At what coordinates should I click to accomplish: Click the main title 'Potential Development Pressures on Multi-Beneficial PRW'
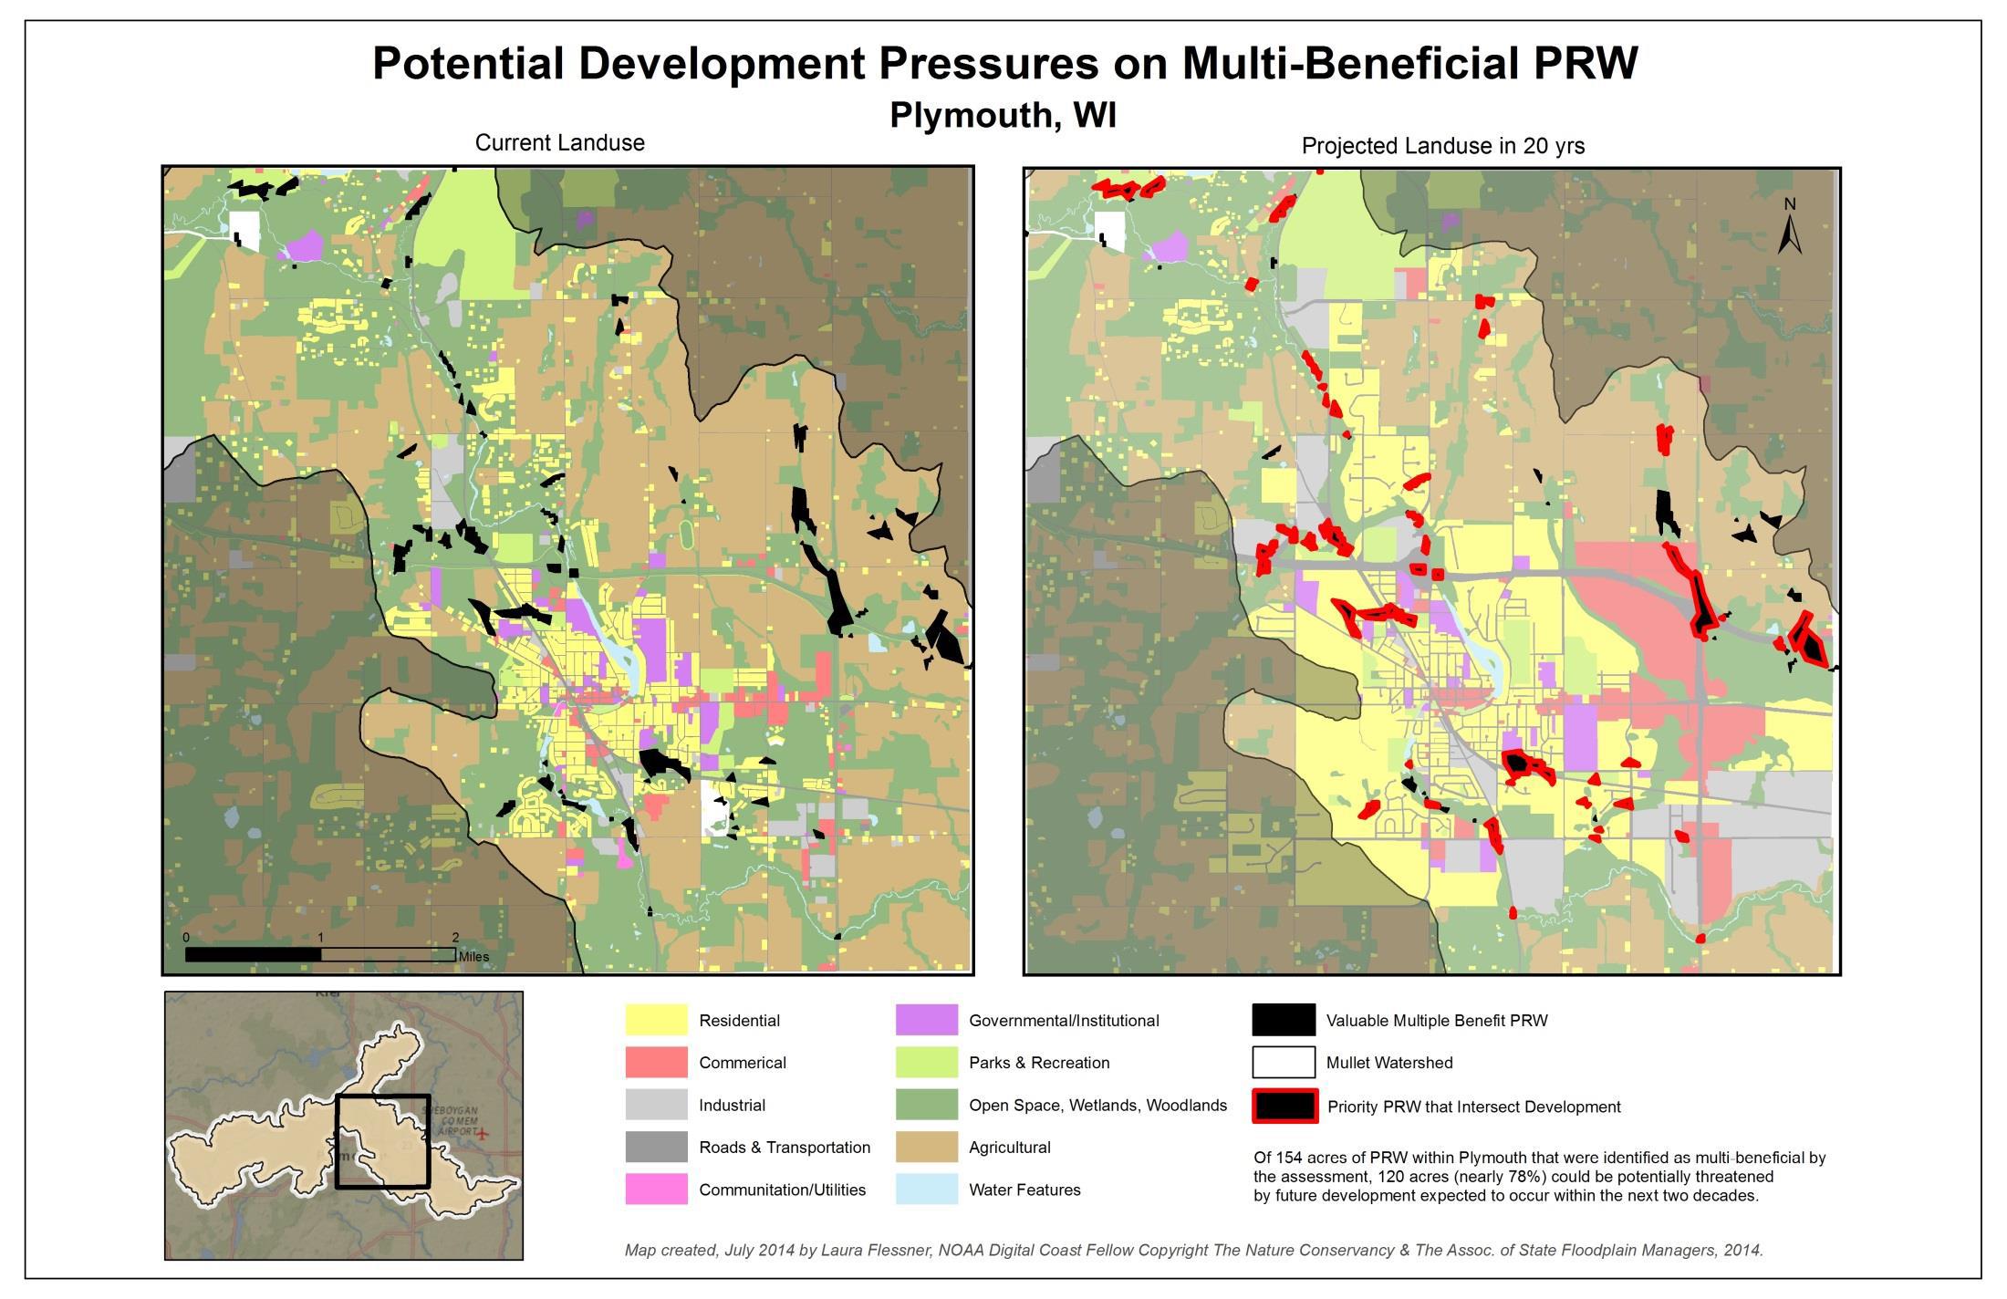coord(1004,64)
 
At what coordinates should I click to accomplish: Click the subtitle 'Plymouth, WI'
coord(1003,116)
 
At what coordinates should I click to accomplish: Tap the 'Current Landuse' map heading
coord(559,143)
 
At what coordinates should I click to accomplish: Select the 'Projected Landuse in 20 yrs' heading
coord(1442,146)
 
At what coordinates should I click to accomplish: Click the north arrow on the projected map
coord(1790,228)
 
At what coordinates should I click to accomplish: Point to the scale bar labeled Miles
coord(320,954)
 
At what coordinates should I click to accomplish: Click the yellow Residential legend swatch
coord(656,1020)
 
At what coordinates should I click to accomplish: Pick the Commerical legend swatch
coord(656,1063)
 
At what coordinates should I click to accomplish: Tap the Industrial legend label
coord(732,1106)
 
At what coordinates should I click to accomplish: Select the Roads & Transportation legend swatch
coord(656,1148)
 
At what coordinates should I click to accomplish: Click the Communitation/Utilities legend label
coord(782,1190)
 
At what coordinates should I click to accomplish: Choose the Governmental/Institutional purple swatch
coord(926,1020)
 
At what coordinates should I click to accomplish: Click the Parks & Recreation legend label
coord(1038,1063)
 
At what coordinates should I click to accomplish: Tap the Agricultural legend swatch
coord(926,1148)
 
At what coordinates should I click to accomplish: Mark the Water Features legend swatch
coord(926,1190)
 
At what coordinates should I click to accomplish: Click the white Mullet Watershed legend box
coord(1284,1063)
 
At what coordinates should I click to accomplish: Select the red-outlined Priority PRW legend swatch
coord(1284,1107)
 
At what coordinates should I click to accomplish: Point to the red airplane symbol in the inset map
coord(483,1135)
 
